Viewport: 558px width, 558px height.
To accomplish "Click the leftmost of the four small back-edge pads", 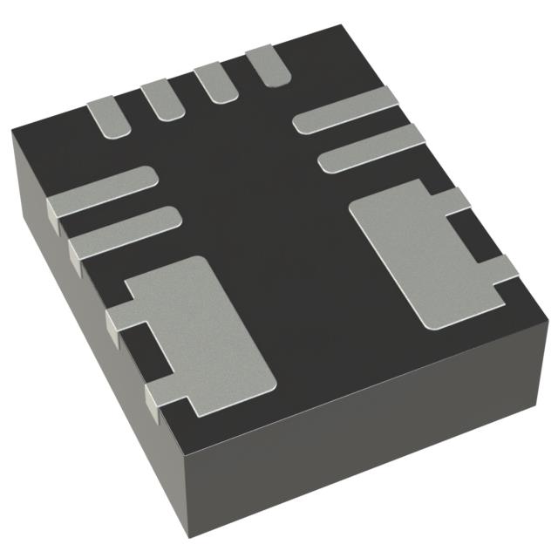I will tap(108, 117).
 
